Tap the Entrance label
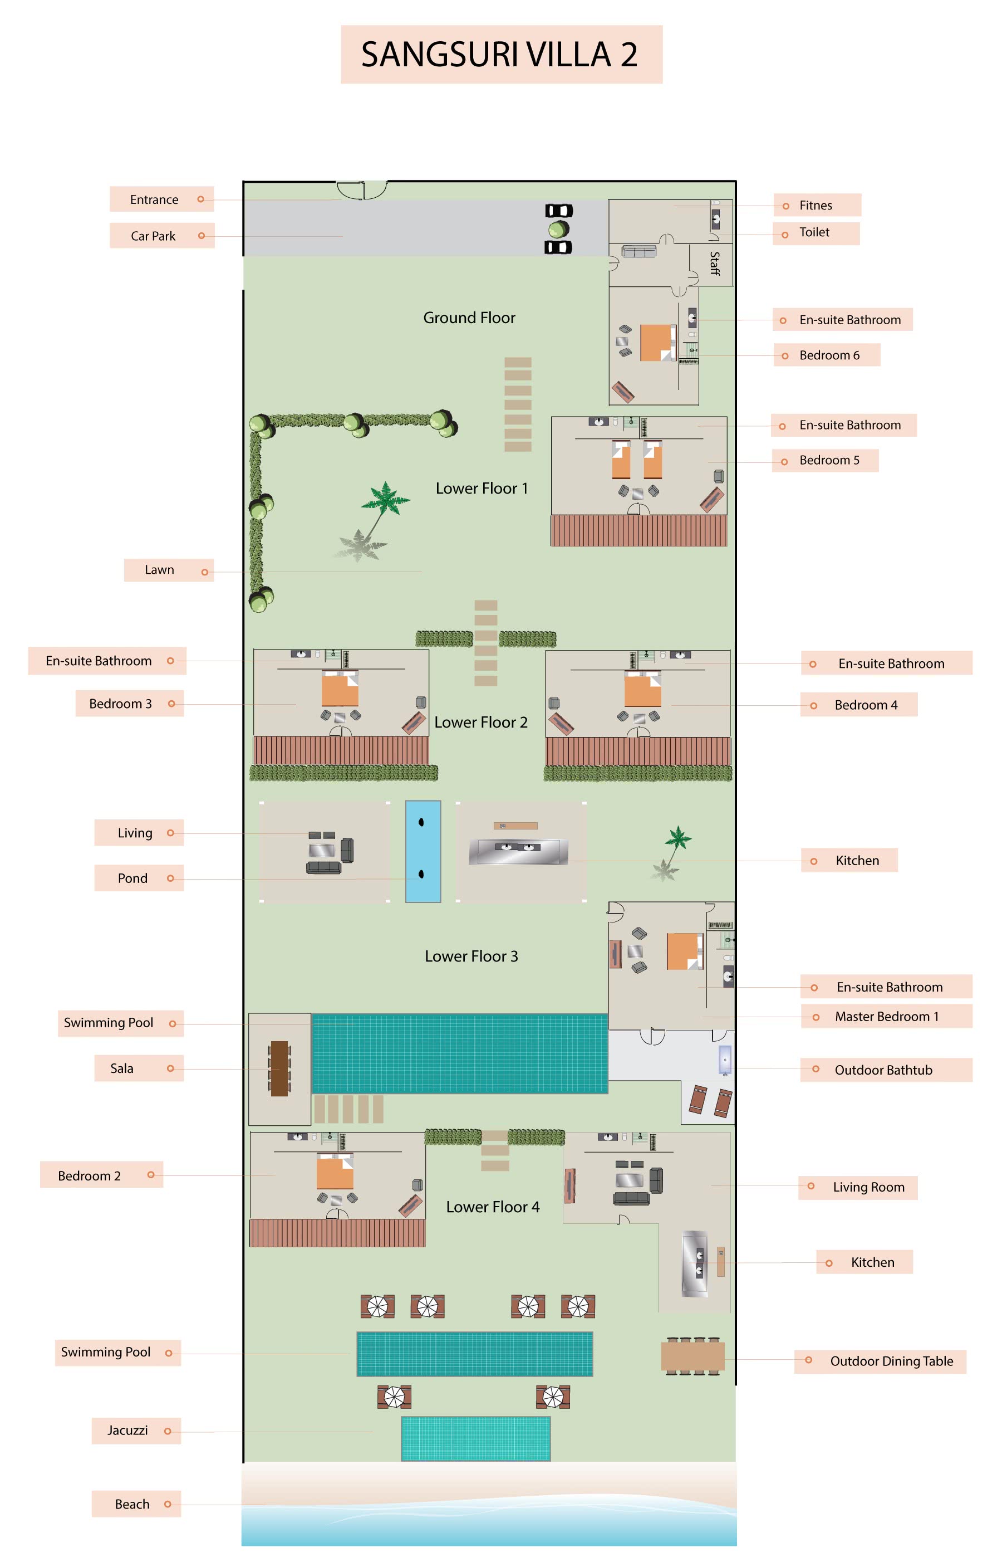pyautogui.click(x=154, y=199)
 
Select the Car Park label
pyautogui.click(x=153, y=236)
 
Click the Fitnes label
pyautogui.click(x=816, y=206)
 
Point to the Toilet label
pyautogui.click(x=814, y=232)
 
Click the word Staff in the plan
pyautogui.click(x=715, y=263)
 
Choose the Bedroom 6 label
pyautogui.click(x=829, y=355)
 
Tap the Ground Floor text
pyautogui.click(x=469, y=318)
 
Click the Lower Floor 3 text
pyautogui.click(x=471, y=956)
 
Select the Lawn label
pyautogui.click(x=160, y=570)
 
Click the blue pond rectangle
pyautogui.click(x=423, y=851)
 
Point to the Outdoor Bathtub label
pyautogui.click(x=883, y=1070)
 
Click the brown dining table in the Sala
pyautogui.click(x=279, y=1068)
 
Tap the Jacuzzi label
pyautogui.click(x=127, y=1431)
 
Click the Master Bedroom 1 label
pyautogui.click(x=887, y=1017)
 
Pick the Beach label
pyautogui.click(x=132, y=1504)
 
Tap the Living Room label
pyautogui.click(x=868, y=1187)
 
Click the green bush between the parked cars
pyautogui.click(x=558, y=229)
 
